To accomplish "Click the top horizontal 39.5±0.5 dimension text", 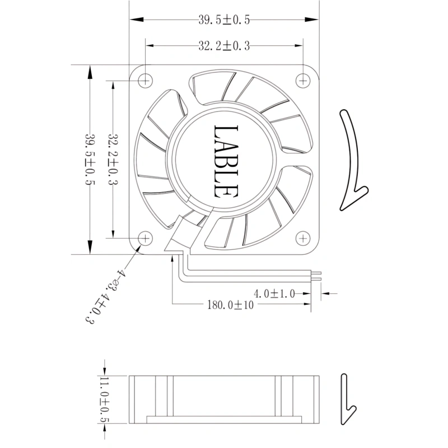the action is (224, 20).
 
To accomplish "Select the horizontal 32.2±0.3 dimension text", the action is (224, 46).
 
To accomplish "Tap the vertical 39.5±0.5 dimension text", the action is (90, 159).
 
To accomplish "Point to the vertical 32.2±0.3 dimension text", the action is (113, 159).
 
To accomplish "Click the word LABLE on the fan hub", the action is (226, 161).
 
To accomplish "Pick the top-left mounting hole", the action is (145, 81).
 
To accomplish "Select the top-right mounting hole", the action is (303, 81).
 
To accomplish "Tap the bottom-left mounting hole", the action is (145, 239).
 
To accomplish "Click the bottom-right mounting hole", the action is (303, 239).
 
